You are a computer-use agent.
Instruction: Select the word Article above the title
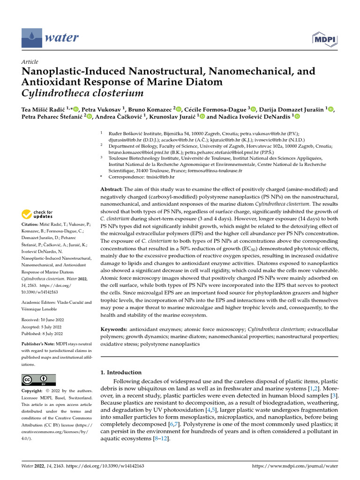pyautogui.click(x=30, y=62)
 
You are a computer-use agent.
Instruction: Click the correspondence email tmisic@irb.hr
pyautogui.click(x=159, y=177)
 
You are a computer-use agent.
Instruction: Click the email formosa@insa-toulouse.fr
pyautogui.click(x=214, y=171)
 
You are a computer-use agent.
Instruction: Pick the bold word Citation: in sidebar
pyautogui.click(x=32, y=225)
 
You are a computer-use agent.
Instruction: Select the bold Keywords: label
pyautogui.click(x=114, y=330)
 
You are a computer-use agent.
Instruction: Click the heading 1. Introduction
pyautogui.click(x=121, y=372)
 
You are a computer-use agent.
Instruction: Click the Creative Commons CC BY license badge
pyautogui.click(x=39, y=380)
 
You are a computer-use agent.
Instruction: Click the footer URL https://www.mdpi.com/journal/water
pyautogui.click(x=295, y=466)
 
